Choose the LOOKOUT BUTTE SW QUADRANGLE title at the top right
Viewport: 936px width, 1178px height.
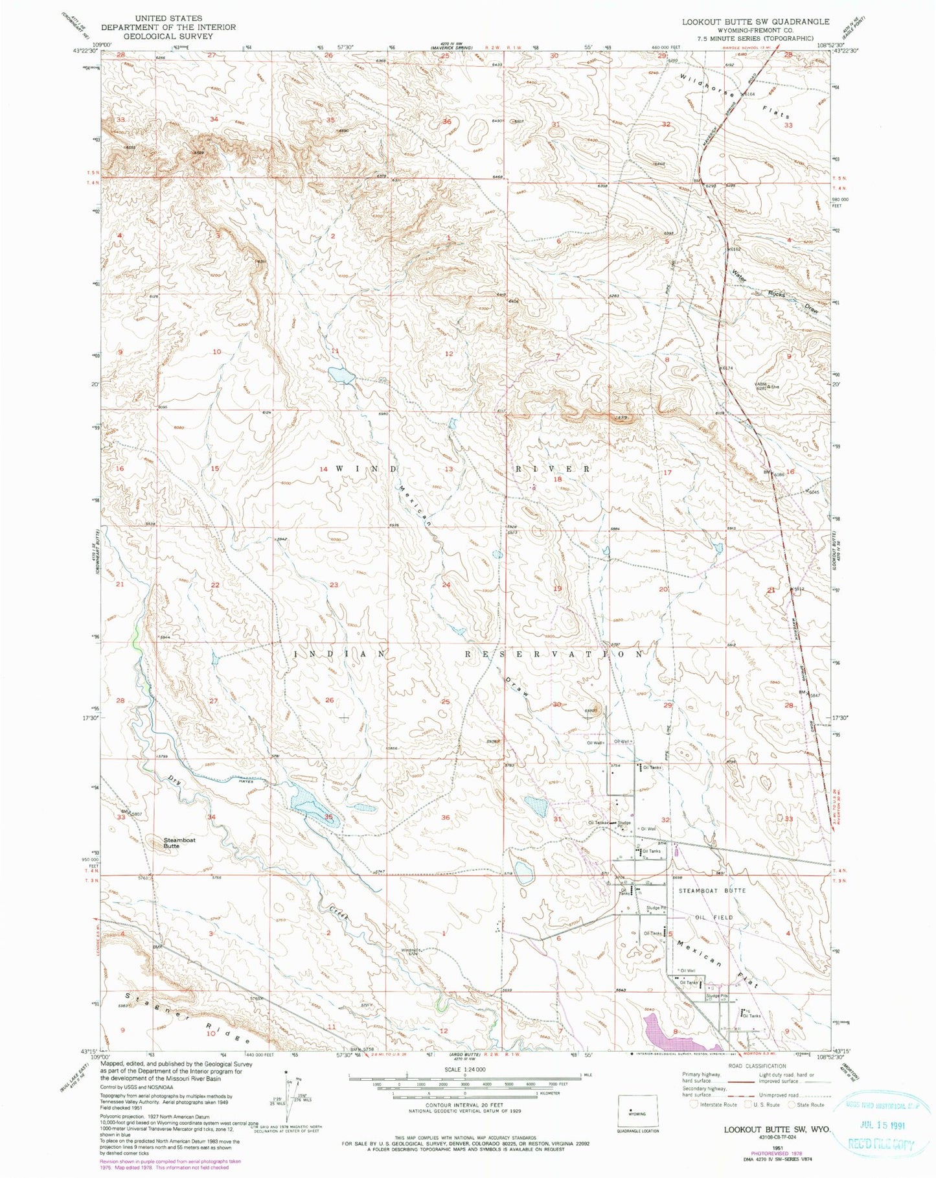point(755,21)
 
